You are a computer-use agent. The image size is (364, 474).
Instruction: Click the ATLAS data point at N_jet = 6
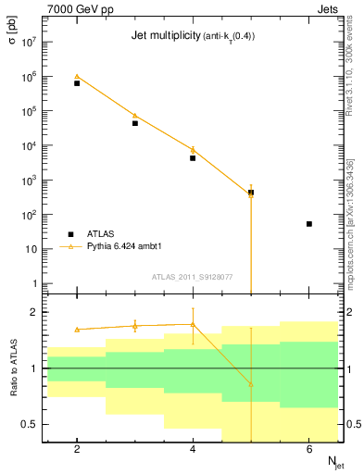tap(309, 224)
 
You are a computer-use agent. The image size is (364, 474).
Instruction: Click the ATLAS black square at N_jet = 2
tap(77, 83)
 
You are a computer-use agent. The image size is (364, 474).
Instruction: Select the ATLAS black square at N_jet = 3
tap(135, 123)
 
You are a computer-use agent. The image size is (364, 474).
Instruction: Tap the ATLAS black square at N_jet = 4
tap(193, 158)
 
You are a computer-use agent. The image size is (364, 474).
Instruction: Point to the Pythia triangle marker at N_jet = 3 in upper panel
tap(135, 116)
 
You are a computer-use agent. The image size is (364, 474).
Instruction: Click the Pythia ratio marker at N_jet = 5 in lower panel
tap(251, 384)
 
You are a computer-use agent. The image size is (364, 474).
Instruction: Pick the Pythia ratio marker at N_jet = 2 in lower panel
tap(77, 330)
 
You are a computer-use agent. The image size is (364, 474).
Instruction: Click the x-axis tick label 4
tap(193, 450)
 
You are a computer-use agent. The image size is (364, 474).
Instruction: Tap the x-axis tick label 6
tap(309, 450)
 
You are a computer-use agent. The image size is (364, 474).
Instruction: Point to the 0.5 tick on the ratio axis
tap(29, 424)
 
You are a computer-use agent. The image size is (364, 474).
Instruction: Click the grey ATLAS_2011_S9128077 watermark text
tap(192, 276)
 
